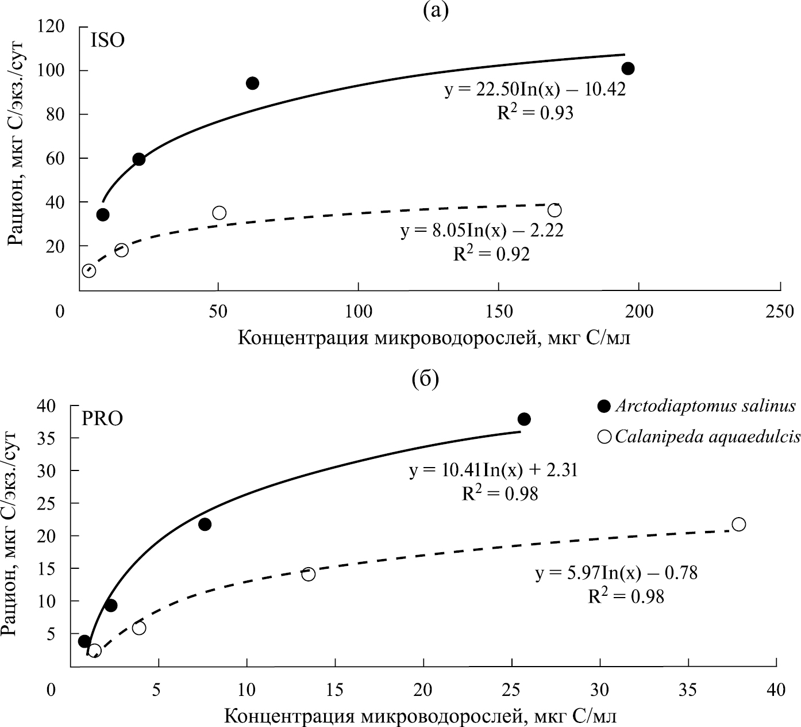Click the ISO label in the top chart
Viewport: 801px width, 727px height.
107,41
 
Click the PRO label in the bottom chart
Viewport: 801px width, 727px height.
102,418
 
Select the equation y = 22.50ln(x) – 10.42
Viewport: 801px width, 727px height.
534,90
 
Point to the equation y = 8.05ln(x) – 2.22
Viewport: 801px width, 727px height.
482,231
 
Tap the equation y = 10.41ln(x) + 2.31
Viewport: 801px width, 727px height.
493,470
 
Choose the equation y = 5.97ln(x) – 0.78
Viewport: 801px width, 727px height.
617,573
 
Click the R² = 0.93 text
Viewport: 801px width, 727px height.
535,113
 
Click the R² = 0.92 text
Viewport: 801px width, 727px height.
491,254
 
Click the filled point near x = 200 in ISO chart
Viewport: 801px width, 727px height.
628,68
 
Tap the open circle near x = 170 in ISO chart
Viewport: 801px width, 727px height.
554,211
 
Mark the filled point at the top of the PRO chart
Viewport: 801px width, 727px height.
524,419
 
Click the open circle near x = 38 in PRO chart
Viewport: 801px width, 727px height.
739,524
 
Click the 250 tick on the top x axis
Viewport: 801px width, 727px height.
780,312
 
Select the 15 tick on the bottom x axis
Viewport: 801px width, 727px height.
335,689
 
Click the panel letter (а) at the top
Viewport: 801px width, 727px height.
435,10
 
